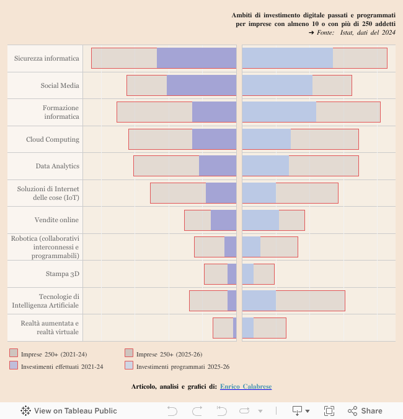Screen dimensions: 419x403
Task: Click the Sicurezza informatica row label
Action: [46, 58]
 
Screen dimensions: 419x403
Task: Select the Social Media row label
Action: [60, 85]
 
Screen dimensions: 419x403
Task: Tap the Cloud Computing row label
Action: [53, 139]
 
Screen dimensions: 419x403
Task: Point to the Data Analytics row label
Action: [57, 166]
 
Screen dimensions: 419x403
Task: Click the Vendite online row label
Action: [56, 220]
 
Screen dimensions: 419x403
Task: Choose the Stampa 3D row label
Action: [62, 274]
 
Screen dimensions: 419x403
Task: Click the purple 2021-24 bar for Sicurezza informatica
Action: [197, 58]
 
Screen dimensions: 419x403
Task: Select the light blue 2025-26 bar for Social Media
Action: [277, 85]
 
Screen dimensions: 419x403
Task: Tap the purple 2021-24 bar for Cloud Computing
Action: [214, 139]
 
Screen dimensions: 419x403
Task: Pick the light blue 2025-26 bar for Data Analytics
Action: [265, 166]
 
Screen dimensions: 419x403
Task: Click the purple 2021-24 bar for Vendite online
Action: [223, 220]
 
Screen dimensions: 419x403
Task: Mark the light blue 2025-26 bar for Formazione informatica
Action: [279, 112]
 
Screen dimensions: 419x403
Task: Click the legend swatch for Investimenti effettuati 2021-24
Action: [14, 366]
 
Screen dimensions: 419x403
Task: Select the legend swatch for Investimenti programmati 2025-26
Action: [129, 366]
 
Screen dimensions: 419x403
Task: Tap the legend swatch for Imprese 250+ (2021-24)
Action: [14, 353]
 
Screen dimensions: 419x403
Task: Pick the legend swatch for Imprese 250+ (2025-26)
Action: [129, 353]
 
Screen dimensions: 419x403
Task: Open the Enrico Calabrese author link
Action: [246, 386]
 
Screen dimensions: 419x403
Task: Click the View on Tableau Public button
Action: [69, 410]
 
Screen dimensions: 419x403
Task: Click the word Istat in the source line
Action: [347, 32]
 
